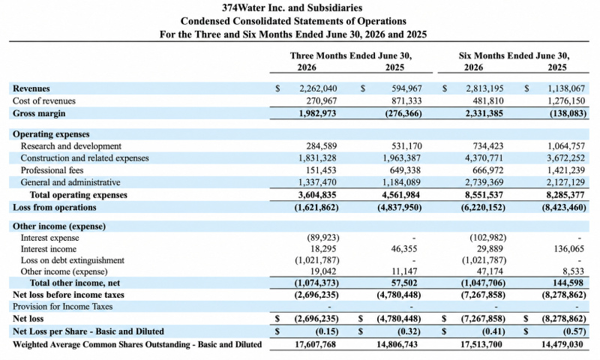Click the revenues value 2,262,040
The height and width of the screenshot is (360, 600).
pos(318,88)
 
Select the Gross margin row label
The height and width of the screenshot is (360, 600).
pos(39,113)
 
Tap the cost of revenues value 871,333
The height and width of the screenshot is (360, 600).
pos(406,101)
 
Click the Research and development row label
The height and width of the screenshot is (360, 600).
pos(70,146)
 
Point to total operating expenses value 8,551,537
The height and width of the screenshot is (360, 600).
pos(484,195)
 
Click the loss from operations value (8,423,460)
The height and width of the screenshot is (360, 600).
pos(564,207)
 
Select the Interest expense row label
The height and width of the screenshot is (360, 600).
pos(49,238)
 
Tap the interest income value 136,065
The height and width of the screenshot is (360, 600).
pos(568,249)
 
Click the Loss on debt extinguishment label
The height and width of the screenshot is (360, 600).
pos(72,260)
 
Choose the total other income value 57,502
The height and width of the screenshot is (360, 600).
pos(403,283)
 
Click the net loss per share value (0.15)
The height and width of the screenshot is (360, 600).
pos(327,331)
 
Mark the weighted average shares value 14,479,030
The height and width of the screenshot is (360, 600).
pos(562,344)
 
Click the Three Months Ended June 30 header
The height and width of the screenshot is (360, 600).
pos(351,55)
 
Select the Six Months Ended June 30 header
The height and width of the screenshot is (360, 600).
pos(514,55)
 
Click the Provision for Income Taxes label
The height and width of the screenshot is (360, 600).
pos(63,307)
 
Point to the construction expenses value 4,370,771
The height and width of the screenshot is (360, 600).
pos(484,158)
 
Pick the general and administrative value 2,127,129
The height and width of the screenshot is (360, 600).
pos(565,182)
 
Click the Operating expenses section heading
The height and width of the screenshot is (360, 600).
pos(51,134)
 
